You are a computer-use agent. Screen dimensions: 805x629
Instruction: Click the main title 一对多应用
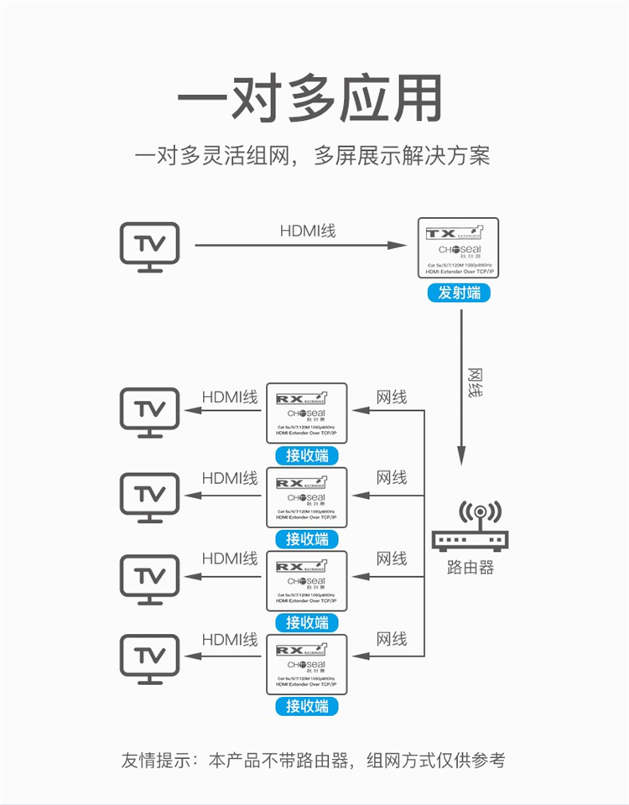(x=309, y=99)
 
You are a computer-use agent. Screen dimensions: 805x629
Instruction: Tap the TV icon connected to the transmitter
(x=149, y=247)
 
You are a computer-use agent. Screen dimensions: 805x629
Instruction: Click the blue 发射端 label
(x=458, y=293)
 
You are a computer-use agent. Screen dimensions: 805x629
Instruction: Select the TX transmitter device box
(x=458, y=247)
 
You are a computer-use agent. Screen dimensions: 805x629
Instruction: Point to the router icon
(x=470, y=527)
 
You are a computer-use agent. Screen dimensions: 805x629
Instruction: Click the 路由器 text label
(x=470, y=568)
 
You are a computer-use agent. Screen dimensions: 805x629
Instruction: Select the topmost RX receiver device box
(x=306, y=413)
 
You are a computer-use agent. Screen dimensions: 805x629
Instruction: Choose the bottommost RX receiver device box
(x=306, y=664)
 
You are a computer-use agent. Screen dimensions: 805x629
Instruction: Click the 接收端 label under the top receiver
(x=306, y=455)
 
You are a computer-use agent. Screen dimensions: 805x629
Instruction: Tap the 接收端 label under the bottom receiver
(x=306, y=706)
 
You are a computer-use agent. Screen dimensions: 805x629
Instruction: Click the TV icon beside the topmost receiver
(x=149, y=412)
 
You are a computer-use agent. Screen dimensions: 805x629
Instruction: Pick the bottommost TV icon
(x=149, y=659)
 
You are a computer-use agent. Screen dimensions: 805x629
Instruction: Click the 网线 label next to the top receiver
(x=391, y=397)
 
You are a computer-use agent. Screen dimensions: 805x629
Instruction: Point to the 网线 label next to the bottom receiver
(x=391, y=639)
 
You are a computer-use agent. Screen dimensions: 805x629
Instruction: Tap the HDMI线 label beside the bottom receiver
(x=230, y=639)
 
